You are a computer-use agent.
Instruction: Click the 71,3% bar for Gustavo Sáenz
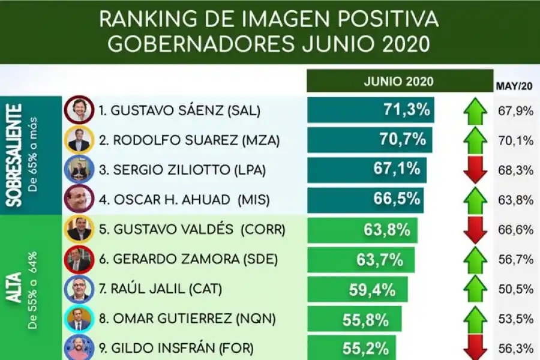[x=370, y=110]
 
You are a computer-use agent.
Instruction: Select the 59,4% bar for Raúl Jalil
[x=357, y=290]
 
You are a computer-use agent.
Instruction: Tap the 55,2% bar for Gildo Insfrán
[x=352, y=347]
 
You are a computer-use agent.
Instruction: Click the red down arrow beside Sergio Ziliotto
[x=475, y=170]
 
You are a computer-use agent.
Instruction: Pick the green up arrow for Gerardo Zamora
[x=475, y=260]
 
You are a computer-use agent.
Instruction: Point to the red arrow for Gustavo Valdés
[x=475, y=230]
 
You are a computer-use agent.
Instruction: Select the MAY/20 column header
[x=515, y=86]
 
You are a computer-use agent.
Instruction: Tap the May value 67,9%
[x=515, y=111]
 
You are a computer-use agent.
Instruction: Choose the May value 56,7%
[x=515, y=260]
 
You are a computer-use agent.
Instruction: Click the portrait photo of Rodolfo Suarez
[x=79, y=140]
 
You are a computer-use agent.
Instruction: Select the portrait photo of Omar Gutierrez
[x=79, y=319]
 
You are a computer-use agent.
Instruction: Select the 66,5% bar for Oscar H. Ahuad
[x=365, y=200]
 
